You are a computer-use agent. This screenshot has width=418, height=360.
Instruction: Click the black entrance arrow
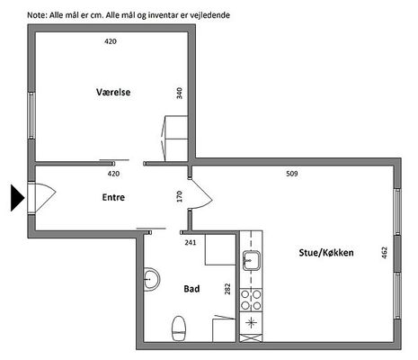17,198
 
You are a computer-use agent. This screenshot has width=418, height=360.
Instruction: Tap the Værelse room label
113,92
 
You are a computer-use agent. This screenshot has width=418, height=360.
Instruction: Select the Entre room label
113,197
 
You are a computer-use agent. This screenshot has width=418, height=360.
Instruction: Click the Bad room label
191,289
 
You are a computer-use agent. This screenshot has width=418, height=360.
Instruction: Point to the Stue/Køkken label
326,253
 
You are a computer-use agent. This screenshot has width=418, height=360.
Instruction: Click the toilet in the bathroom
179,328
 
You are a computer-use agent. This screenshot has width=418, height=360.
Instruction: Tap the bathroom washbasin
152,279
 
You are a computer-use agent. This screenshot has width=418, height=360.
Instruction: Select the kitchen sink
252,261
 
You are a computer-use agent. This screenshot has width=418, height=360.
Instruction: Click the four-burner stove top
251,301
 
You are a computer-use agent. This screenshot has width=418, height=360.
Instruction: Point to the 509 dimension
292,174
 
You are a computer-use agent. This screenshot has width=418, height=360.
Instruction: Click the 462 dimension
385,253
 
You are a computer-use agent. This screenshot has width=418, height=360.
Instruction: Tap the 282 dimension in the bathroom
227,289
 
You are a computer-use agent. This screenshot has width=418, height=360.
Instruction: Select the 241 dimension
191,242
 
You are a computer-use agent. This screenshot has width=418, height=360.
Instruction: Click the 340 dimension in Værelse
179,94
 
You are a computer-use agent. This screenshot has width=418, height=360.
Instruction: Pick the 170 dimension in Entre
179,196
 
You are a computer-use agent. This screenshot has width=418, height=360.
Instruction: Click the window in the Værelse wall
31,115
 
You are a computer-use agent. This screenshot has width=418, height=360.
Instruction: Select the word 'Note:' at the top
37,15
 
